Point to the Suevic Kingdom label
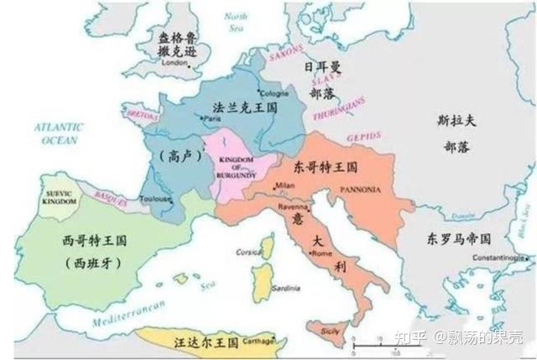[x=59, y=198]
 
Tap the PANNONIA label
[x=362, y=190]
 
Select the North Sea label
[x=237, y=21]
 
